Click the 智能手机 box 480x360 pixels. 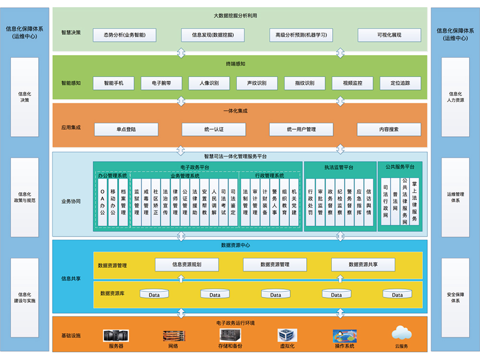coord(113,83)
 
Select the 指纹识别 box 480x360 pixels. coord(305,83)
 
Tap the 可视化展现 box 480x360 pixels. coord(389,35)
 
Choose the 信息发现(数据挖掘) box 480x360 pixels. coord(213,35)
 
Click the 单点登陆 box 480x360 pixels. coord(126,130)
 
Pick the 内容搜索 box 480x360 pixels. coord(389,130)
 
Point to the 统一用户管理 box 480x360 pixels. coord(301,130)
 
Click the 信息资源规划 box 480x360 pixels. coord(187,264)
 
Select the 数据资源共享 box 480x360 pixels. coord(363,264)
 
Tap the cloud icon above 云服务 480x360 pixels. coord(401,333)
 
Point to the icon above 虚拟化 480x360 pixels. coord(287,335)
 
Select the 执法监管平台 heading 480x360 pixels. coord(340,168)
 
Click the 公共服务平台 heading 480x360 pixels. coord(400,167)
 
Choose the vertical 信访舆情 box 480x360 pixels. coord(369,201)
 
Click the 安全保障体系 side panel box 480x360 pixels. coord(455,297)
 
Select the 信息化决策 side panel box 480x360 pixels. coord(24,97)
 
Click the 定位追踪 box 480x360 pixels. coord(400,83)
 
